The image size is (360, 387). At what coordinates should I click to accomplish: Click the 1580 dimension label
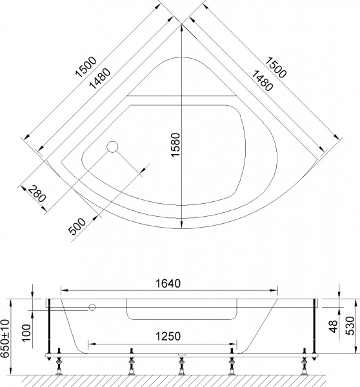coord(175,145)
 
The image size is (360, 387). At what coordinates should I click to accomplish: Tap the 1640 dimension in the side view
coord(168,284)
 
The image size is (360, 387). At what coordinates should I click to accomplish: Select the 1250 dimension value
coord(168,337)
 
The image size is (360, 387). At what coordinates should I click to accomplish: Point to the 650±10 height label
coord(5,339)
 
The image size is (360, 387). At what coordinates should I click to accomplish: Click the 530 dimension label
coord(350,326)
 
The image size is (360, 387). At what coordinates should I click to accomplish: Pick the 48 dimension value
coord(334,326)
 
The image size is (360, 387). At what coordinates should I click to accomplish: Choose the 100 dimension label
coord(26,333)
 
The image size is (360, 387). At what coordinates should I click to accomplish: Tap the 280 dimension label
coord(37,194)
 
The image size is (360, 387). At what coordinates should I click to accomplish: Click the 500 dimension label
coord(77,226)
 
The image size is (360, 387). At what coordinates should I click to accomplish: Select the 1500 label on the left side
coord(85,67)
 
